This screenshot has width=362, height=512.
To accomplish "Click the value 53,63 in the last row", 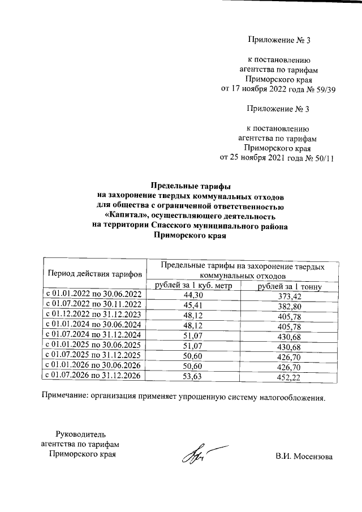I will pyautogui.click(x=193, y=376).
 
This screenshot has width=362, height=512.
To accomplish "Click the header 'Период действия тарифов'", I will pyautogui.click(x=94, y=274).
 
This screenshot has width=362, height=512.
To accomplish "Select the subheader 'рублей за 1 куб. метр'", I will pyautogui.click(x=193, y=286).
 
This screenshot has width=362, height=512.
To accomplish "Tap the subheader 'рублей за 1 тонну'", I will pyautogui.click(x=290, y=287).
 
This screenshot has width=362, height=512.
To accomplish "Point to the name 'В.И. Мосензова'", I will pyautogui.click(x=304, y=457).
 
